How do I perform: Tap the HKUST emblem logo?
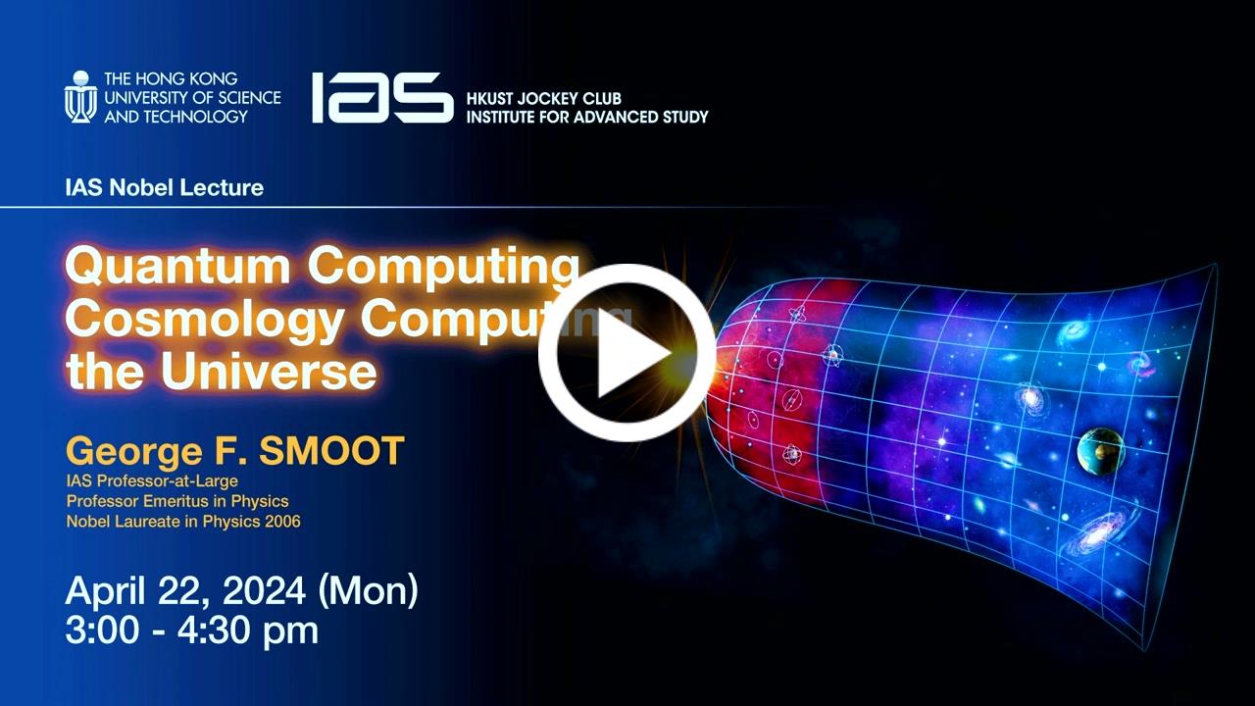pyautogui.click(x=80, y=97)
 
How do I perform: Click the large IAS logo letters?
pyautogui.click(x=382, y=97)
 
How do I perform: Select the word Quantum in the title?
pyautogui.click(x=178, y=266)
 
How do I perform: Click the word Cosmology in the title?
pyautogui.click(x=205, y=320)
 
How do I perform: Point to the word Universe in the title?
pyautogui.click(x=270, y=371)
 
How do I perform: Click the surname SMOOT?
pyautogui.click(x=331, y=450)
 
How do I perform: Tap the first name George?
pyautogui.click(x=134, y=452)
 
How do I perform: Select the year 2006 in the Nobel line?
pyautogui.click(x=283, y=521)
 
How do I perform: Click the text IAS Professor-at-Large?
pyautogui.click(x=152, y=480)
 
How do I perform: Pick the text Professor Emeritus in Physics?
pyautogui.click(x=177, y=501)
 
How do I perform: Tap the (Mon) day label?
pyautogui.click(x=368, y=591)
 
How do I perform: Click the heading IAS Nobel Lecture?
pyautogui.click(x=164, y=187)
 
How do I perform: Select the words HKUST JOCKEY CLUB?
pyautogui.click(x=544, y=99)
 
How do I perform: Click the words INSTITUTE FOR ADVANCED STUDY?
pyautogui.click(x=587, y=117)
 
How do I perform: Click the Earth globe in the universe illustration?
pyautogui.click(x=1101, y=451)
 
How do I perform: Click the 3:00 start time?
pyautogui.click(x=102, y=630)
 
